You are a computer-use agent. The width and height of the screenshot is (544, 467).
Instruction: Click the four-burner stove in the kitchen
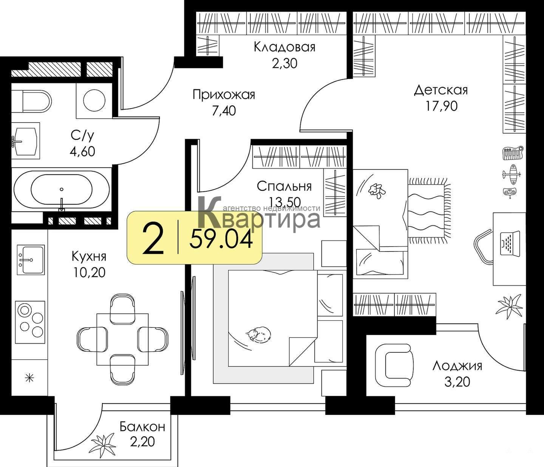(30, 322)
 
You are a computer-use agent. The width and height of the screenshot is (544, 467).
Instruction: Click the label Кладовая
(284, 48)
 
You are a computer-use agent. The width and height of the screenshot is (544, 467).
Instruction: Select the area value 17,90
(441, 106)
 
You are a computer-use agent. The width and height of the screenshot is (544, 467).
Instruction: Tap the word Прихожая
(224, 95)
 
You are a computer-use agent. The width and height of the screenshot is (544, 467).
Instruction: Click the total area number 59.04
(221, 239)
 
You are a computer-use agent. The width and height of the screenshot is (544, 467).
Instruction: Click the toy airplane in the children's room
(512, 174)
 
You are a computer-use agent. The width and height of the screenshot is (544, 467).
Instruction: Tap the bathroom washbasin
(26, 141)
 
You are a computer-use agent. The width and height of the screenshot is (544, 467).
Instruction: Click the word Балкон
(142, 427)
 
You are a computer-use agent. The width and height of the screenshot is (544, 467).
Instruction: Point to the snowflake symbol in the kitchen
(29, 379)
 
